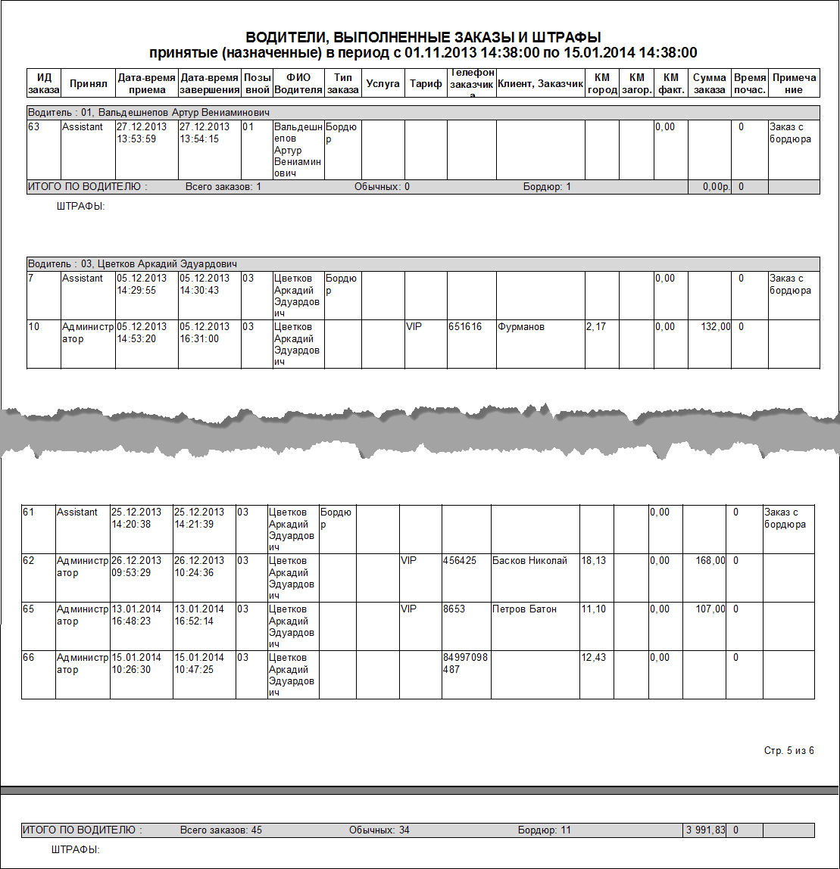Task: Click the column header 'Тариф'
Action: (426, 84)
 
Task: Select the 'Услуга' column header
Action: (383, 84)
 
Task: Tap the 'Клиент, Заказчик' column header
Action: (540, 84)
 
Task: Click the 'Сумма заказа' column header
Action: (710, 84)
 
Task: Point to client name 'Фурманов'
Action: (521, 327)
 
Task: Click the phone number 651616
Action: (465, 327)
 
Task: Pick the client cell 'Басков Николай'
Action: (529, 561)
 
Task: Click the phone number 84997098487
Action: (465, 664)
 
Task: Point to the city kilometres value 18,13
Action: (595, 561)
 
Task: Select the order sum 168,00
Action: (710, 561)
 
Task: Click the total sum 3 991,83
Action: (704, 830)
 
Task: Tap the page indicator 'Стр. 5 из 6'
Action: (788, 751)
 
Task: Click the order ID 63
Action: (33, 127)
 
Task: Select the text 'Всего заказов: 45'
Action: (220, 830)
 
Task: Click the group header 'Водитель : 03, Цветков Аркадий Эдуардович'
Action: (133, 264)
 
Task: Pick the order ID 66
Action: (29, 658)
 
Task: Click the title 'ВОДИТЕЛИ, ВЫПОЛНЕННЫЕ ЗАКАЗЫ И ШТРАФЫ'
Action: (423, 37)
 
